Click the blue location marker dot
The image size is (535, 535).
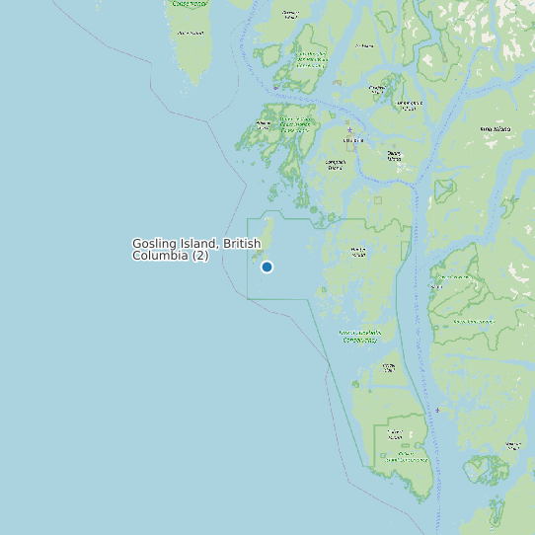(x=267, y=267)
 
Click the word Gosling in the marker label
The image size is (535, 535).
(x=155, y=244)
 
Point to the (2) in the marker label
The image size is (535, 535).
(x=199, y=256)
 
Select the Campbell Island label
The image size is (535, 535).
(x=336, y=164)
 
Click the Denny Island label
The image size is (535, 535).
(x=395, y=154)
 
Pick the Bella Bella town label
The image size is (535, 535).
(x=352, y=140)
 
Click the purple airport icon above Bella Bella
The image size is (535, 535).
(x=348, y=129)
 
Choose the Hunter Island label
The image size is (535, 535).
(x=358, y=251)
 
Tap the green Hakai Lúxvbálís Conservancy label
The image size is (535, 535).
(x=358, y=336)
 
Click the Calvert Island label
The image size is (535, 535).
(x=395, y=432)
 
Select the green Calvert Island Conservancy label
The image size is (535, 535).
(x=406, y=457)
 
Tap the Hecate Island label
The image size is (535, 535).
(x=389, y=367)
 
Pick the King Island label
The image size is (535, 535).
(x=496, y=129)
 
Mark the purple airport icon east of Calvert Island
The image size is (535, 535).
(x=437, y=410)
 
